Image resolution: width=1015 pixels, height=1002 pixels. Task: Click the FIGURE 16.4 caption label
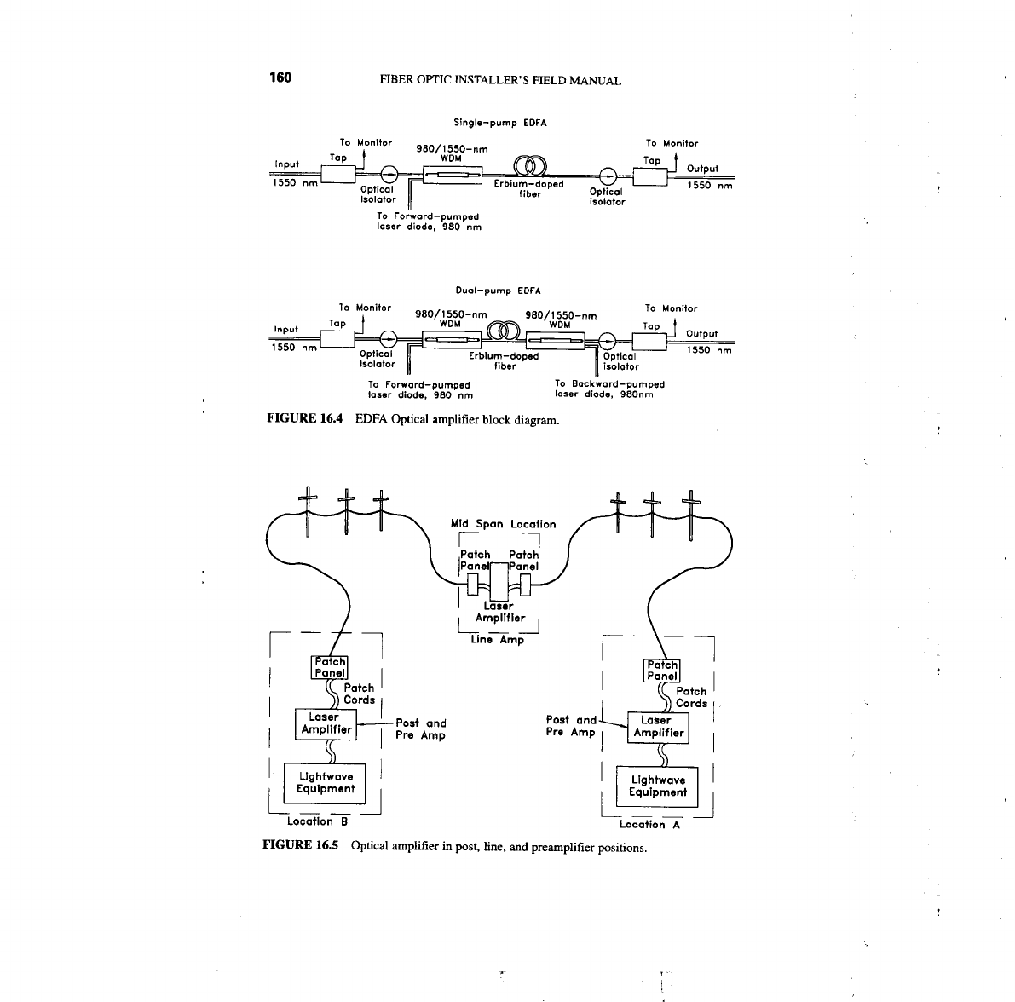[305, 419]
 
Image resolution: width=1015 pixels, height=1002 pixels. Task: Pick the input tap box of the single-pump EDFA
[339, 176]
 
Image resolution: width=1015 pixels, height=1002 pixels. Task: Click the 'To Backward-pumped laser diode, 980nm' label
[608, 389]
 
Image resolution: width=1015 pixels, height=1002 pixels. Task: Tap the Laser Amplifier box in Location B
[326, 723]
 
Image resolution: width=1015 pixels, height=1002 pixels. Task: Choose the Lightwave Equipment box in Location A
[658, 786]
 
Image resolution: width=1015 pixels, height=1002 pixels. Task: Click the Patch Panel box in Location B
[330, 667]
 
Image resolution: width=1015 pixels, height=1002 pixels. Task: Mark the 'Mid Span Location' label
[503, 524]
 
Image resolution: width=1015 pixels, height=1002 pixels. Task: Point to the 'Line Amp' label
[498, 640]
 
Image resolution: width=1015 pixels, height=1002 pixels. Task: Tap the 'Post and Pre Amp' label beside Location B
[421, 729]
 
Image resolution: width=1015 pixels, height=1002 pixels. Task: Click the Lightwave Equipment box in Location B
[326, 783]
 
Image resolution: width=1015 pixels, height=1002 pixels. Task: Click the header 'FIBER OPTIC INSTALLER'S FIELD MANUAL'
[500, 81]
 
